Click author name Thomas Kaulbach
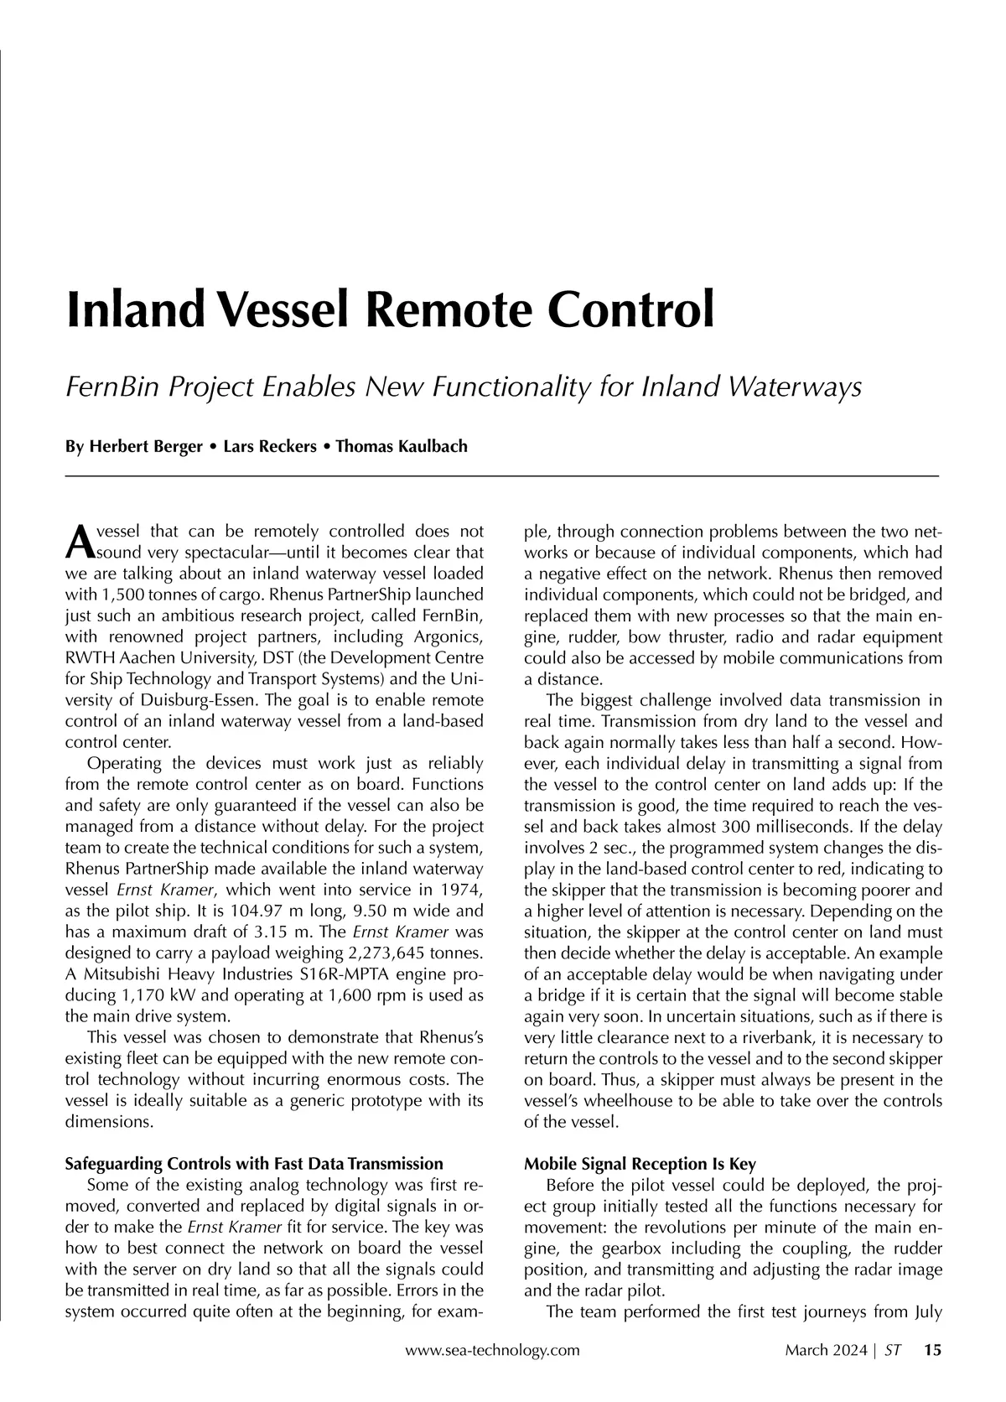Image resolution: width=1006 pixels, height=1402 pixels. [402, 446]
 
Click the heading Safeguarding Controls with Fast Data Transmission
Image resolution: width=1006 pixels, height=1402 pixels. [254, 1164]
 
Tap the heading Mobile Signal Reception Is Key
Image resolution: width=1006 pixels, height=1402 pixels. [640, 1164]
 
